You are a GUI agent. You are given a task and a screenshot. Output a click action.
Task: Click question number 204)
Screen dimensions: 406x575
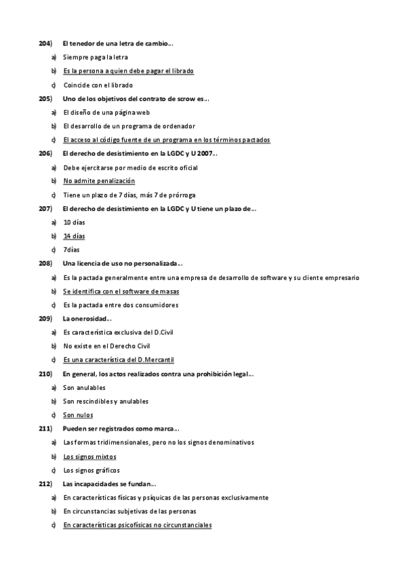(46, 44)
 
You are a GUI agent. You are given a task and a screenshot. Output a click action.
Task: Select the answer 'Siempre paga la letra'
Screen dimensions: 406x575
(96, 58)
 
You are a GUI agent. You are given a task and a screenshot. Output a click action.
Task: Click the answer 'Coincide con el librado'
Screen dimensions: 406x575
(98, 85)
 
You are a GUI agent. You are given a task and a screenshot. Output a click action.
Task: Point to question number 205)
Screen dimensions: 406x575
(46, 99)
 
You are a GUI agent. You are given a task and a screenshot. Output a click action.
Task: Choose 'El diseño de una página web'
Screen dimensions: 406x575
(111, 113)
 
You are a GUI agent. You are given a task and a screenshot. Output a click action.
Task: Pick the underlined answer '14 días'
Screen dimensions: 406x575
(75, 236)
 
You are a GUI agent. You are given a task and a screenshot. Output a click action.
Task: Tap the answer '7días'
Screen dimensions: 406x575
(71, 250)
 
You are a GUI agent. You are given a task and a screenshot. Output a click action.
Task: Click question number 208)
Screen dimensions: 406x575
(46, 264)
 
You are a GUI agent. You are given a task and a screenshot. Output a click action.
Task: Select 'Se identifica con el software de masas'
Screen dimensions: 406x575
(121, 291)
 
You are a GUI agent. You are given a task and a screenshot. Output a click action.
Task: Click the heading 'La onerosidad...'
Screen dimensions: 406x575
(87, 319)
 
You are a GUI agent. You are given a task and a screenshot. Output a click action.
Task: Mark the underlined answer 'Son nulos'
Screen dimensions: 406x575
(78, 415)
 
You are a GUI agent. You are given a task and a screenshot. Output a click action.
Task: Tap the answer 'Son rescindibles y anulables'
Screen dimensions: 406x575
(106, 401)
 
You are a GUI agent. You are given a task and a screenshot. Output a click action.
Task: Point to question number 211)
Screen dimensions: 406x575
(46, 429)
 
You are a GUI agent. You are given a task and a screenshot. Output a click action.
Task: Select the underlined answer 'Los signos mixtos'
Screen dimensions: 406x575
(89, 456)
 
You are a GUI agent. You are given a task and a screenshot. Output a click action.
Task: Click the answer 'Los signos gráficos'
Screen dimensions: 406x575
(91, 470)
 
